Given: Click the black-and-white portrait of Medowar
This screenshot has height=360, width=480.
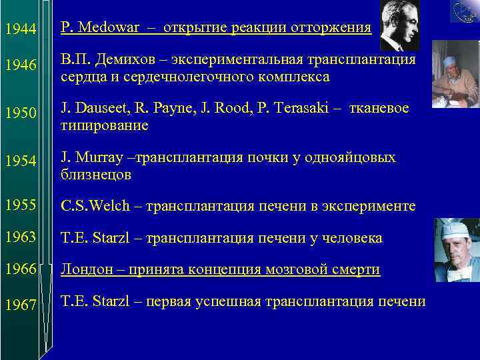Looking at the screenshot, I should click(x=399, y=25).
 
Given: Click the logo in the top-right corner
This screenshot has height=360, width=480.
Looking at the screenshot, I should click(x=465, y=11).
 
